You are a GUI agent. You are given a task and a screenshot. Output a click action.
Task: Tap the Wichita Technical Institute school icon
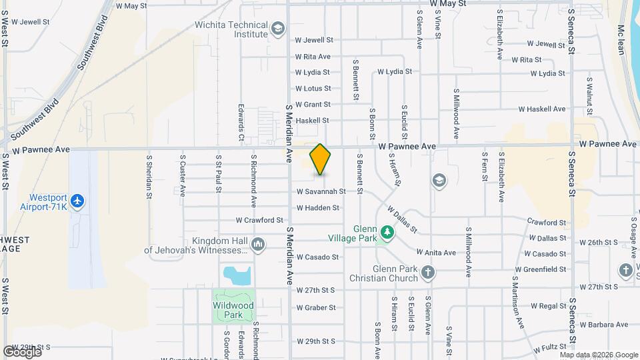277,28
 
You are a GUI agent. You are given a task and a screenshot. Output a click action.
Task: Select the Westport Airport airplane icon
78,200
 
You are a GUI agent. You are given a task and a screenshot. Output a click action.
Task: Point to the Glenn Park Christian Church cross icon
427,272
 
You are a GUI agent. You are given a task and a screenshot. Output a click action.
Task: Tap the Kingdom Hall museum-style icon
258,245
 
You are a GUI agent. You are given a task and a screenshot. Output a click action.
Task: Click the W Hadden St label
318,208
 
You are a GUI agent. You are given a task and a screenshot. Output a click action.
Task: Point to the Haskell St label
312,121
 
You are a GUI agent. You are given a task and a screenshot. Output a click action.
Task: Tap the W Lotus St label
313,88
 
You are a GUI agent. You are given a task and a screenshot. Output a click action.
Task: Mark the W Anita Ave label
436,253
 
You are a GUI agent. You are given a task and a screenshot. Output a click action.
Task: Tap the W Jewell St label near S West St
31,22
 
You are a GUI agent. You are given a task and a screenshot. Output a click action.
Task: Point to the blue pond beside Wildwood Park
237,274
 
